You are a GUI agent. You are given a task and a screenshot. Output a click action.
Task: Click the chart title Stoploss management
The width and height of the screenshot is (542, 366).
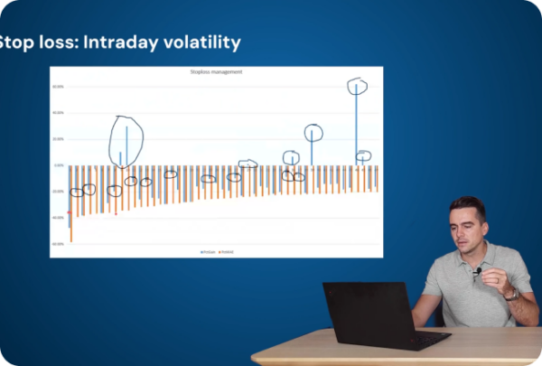pos(217,70)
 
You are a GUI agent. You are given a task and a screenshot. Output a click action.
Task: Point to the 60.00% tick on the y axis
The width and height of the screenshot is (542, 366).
pos(58,87)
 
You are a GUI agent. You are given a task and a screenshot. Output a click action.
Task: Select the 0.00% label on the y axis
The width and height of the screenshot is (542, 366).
pos(59,165)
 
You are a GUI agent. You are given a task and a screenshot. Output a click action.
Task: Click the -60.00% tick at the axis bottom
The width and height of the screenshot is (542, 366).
pos(58,243)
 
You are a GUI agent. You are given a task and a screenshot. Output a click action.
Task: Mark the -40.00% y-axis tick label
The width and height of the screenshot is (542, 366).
pos(58,217)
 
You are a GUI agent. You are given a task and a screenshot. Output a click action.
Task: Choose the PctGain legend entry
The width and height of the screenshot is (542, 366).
pos(207,251)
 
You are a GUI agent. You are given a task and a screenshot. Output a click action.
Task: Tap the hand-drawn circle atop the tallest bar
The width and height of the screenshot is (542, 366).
pos(358,86)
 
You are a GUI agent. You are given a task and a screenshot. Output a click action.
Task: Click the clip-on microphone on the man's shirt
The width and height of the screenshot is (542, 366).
pos(478,270)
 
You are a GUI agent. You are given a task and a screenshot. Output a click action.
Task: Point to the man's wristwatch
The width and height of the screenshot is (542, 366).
pos(512,294)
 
